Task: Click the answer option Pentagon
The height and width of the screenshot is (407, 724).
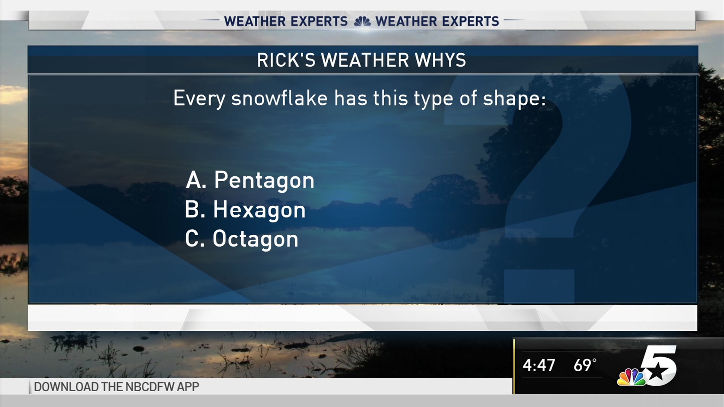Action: click(x=264, y=180)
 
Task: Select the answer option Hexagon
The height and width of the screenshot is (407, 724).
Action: click(x=259, y=210)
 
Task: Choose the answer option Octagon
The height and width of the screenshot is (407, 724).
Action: click(x=255, y=239)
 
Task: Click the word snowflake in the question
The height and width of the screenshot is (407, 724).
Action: click(x=279, y=98)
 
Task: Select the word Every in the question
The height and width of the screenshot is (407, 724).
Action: click(x=199, y=99)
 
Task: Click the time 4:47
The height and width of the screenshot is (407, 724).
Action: click(x=538, y=365)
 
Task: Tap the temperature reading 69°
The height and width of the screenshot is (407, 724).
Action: click(x=585, y=365)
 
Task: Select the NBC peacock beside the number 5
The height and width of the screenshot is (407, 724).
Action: click(x=632, y=377)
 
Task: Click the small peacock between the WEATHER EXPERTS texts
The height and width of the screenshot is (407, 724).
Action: click(x=362, y=21)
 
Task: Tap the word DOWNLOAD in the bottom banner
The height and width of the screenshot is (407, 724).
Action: click(x=66, y=387)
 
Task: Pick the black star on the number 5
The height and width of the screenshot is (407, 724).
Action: click(x=657, y=372)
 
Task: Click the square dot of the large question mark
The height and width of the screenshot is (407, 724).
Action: click(x=539, y=286)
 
